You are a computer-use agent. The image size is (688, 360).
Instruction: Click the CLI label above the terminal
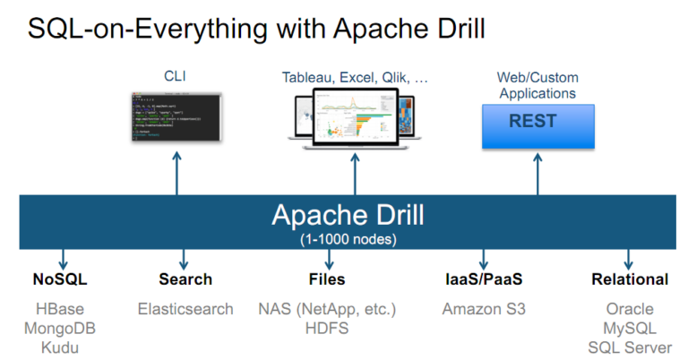pyautogui.click(x=176, y=77)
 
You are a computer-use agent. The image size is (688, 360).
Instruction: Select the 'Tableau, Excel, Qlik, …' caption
pyautogui.click(x=355, y=78)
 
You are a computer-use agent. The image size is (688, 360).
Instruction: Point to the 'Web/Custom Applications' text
pyautogui.click(x=537, y=86)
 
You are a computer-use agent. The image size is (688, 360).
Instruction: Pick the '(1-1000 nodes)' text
pyautogui.click(x=349, y=239)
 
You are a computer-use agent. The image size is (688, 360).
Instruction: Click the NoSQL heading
pyautogui.click(x=62, y=279)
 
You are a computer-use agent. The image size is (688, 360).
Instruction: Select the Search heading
pyautogui.click(x=185, y=279)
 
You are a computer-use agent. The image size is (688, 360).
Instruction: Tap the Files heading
pyautogui.click(x=326, y=279)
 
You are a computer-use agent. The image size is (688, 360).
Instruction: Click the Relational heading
pyautogui.click(x=630, y=279)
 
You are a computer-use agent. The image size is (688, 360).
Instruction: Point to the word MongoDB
pyautogui.click(x=60, y=328)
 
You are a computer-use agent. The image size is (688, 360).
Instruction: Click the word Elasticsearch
pyautogui.click(x=185, y=309)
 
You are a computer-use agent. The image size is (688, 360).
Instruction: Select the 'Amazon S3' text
pyautogui.click(x=484, y=309)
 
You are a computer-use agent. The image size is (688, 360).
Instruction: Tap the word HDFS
pyautogui.click(x=326, y=328)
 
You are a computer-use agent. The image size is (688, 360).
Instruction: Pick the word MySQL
pyautogui.click(x=630, y=328)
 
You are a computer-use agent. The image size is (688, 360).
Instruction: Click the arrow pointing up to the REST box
pyautogui.click(x=537, y=173)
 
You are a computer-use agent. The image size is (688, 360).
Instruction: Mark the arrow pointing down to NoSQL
pyautogui.click(x=63, y=259)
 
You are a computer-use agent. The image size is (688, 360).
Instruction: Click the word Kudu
pyautogui.click(x=60, y=347)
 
